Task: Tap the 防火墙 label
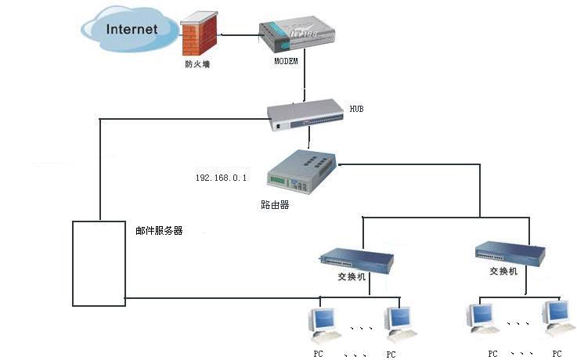[197, 65]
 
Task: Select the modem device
[297, 34]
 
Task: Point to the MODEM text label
[286, 61]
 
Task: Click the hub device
[306, 115]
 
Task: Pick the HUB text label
[357, 109]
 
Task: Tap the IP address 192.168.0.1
[221, 178]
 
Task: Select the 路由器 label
[275, 205]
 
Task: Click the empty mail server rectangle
[98, 263]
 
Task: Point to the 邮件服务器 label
[159, 231]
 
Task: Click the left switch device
[356, 258]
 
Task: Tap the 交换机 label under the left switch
[350, 276]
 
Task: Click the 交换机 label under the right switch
[503, 272]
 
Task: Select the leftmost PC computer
[322, 322]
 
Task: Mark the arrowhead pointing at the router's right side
[341, 164]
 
